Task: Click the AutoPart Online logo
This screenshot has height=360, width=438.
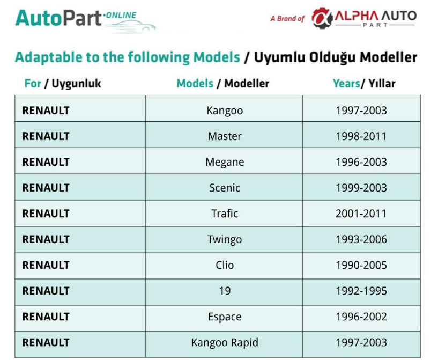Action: [85, 20]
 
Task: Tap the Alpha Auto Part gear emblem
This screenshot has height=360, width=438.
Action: [322, 18]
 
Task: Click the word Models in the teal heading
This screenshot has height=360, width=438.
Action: [217, 57]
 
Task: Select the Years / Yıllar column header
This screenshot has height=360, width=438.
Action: [364, 84]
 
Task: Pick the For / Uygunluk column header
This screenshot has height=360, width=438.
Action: [63, 84]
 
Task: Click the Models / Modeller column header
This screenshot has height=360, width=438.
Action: [222, 84]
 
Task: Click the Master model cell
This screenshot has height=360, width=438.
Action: [225, 136]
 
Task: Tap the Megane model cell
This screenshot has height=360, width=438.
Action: [225, 162]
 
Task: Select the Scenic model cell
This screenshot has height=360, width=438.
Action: [225, 188]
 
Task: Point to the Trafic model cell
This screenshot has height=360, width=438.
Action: [225, 214]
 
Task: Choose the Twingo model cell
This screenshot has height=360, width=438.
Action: [225, 239]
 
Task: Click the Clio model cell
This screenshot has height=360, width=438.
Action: [225, 265]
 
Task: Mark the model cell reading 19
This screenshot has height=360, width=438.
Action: [225, 291]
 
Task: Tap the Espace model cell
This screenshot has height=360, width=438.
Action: [225, 317]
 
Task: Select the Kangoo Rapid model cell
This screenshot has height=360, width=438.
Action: [225, 343]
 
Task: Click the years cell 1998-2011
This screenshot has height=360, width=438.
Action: [361, 136]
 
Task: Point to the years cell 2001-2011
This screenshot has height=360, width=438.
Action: [361, 214]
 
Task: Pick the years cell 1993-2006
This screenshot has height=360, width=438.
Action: [361, 239]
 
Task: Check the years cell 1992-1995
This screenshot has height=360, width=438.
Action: [361, 291]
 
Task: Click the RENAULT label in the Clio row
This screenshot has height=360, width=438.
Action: [46, 265]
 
